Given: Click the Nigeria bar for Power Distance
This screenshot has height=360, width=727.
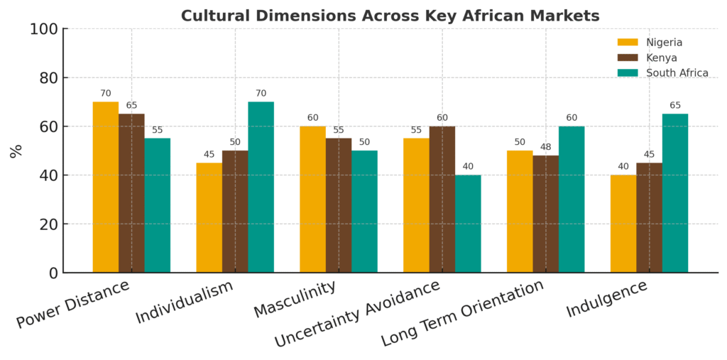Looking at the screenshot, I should tap(106, 187).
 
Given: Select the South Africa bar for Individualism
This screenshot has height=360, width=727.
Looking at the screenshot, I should tap(261, 187).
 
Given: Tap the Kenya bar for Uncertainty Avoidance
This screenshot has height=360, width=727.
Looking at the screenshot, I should tap(442, 200).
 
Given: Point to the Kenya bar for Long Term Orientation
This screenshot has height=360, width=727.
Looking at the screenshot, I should tap(545, 214).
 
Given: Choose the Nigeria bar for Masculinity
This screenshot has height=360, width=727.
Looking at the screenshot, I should tap(312, 200).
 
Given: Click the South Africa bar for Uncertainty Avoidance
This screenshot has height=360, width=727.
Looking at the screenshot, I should tap(468, 224).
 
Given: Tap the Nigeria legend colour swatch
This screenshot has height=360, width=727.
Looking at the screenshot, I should tap(628, 43).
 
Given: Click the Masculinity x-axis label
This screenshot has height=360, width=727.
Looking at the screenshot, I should tap(295, 300).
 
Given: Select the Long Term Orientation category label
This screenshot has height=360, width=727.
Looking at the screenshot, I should tap(463, 312).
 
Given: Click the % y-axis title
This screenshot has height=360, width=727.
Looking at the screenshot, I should tap(16, 151).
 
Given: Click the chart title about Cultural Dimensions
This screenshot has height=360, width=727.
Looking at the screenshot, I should tap(390, 16).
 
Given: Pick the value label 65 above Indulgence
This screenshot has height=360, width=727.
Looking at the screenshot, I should tap(674, 105).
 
